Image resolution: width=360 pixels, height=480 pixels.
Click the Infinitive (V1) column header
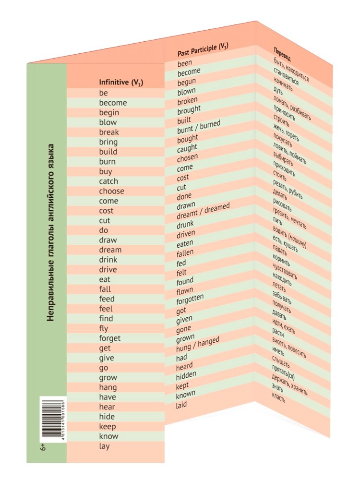[121, 83]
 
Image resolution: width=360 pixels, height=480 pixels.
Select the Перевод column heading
[284, 52]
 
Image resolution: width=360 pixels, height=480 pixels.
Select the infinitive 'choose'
[111, 191]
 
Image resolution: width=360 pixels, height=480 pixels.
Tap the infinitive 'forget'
[110, 338]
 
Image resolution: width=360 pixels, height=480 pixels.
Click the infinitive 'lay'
[104, 446]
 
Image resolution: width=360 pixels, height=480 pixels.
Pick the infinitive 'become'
[113, 103]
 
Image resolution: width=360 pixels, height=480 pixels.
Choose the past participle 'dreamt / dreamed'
[203, 212]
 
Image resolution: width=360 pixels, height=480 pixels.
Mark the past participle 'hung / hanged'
[198, 343]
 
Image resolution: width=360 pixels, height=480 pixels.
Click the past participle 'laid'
[181, 404]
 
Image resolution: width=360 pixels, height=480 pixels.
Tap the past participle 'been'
[185, 63]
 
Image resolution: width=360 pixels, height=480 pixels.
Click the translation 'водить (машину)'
[289, 238]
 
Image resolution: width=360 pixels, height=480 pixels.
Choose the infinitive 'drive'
[108, 269]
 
